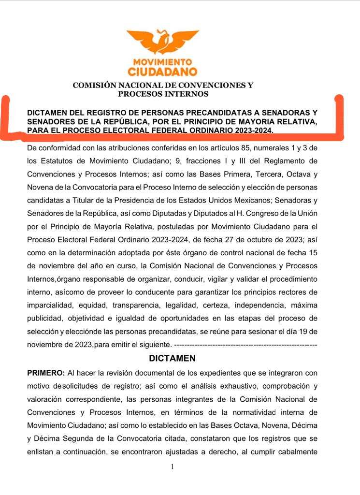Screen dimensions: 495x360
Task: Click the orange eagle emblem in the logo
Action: point(162,42)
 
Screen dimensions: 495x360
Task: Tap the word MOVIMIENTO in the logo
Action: point(162,62)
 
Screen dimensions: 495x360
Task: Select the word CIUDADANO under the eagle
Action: point(162,72)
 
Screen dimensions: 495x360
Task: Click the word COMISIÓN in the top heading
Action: point(95,86)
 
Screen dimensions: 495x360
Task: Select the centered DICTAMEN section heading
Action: point(172,358)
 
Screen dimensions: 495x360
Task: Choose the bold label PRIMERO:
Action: point(46,374)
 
